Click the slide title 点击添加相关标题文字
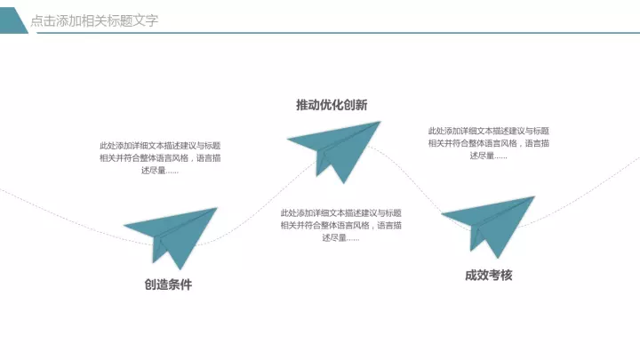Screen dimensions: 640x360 coord(94,20)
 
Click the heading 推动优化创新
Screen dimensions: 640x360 coord(332,105)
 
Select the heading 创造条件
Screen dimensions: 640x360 coord(168,284)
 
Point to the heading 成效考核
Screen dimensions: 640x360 coord(489,275)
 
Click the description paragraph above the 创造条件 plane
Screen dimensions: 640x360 coord(160,158)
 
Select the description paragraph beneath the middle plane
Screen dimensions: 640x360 coord(340,225)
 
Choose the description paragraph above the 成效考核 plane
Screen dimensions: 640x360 coord(489,143)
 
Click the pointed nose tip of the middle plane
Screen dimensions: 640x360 coord(380,121)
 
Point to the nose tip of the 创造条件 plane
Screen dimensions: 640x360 coord(217,208)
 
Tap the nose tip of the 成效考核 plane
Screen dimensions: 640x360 coord(535,196)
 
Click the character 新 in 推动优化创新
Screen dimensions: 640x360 coord(361,105)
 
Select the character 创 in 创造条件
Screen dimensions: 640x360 coord(150,284)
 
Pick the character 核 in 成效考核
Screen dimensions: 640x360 coord(507,275)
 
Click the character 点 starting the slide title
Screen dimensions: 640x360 coord(36,20)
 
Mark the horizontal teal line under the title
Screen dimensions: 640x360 coord(338,33)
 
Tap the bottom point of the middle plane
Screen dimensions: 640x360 coord(344,184)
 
